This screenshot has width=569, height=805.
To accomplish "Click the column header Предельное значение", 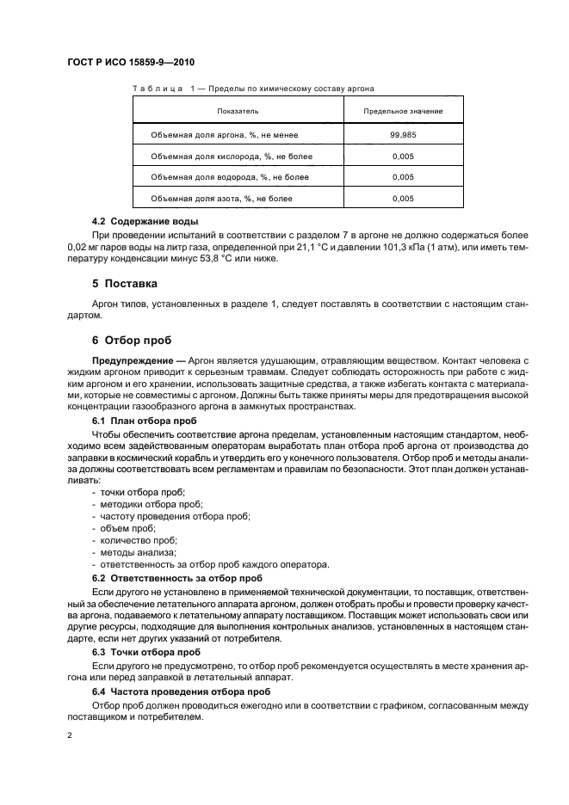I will pyautogui.click(x=403, y=112).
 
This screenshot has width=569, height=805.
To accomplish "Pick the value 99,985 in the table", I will pyautogui.click(x=403, y=134).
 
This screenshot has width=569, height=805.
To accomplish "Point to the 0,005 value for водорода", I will pyautogui.click(x=403, y=177).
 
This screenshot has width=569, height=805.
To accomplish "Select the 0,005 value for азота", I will pyautogui.click(x=403, y=199).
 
